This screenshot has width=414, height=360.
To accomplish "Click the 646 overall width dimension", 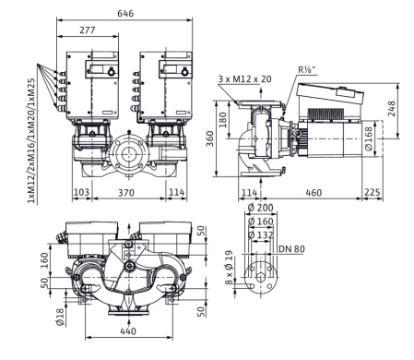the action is [x=125, y=13].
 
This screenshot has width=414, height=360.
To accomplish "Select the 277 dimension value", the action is [x=88, y=30].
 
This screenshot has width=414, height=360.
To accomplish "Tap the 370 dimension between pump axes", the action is [x=126, y=193].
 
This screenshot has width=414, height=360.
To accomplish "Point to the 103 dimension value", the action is [x=82, y=192].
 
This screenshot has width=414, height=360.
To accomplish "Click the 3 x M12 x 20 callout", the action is [x=245, y=79].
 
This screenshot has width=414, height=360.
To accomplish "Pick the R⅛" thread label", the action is [x=306, y=69].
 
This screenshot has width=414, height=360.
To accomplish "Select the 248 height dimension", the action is [x=392, y=109].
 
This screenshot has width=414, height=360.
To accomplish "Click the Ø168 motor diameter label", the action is [x=368, y=138].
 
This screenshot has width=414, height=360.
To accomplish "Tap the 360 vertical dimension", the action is [x=210, y=138].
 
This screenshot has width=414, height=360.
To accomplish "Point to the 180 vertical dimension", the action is [x=223, y=120].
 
